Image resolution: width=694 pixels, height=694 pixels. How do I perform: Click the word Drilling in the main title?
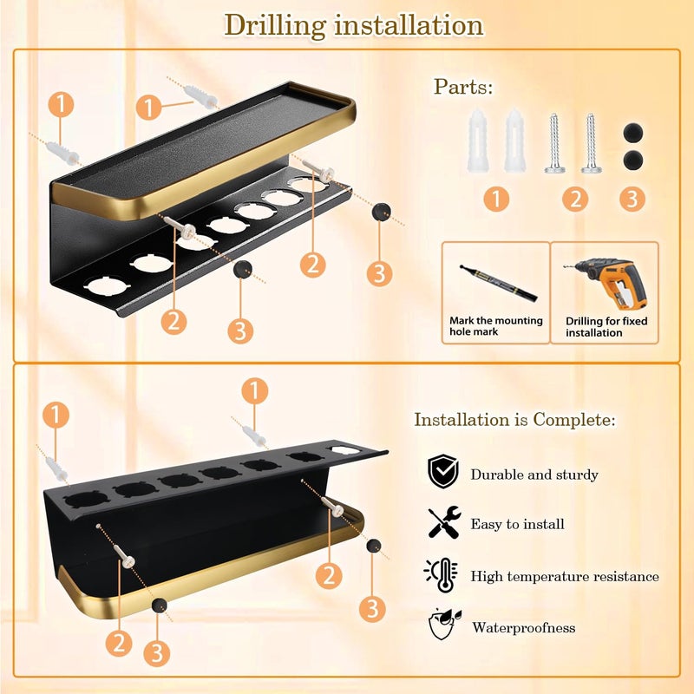click(x=275, y=26)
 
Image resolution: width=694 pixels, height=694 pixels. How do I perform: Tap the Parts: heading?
click(x=463, y=86)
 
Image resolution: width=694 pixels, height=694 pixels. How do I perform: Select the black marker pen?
click(x=498, y=284)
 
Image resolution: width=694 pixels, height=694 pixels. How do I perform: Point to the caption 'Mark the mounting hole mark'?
click(x=495, y=326)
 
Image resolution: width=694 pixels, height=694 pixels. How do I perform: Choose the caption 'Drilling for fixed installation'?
click(x=606, y=327)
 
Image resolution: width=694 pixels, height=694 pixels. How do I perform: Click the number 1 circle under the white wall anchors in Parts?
click(x=496, y=199)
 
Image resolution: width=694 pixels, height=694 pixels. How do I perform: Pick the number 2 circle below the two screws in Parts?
click(x=575, y=199)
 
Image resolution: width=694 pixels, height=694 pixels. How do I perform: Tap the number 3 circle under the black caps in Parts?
click(x=632, y=199)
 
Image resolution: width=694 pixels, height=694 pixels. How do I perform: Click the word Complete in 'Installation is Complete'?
click(x=574, y=420)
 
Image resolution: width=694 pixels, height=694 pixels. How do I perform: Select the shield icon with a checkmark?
click(x=443, y=471)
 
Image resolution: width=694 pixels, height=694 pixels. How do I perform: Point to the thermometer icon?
click(x=442, y=574)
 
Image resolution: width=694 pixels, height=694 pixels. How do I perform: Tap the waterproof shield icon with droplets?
click(x=444, y=624)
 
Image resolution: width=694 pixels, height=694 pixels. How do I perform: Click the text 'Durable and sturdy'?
click(x=534, y=475)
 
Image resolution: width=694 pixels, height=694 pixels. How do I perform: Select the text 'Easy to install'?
click(x=517, y=524)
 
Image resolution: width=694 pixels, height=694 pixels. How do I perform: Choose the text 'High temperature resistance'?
click(x=565, y=576)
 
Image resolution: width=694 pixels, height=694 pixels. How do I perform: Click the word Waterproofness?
click(x=524, y=627)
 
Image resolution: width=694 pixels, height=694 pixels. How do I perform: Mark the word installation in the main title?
click(x=409, y=25)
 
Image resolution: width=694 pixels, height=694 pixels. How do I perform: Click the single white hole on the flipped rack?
click(x=344, y=450)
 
